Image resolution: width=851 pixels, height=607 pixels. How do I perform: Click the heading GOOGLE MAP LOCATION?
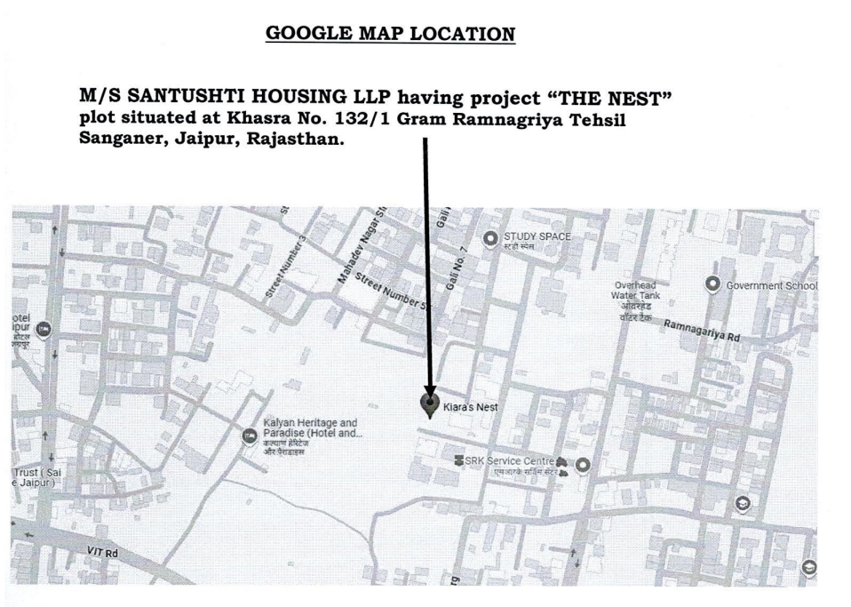[x=390, y=34]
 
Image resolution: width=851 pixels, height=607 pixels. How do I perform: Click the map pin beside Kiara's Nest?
[x=430, y=405]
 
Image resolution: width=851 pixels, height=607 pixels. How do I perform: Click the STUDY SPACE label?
[x=537, y=237]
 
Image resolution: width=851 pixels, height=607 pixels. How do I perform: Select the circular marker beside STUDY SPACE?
[x=489, y=237]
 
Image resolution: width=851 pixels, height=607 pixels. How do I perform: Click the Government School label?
[x=771, y=285]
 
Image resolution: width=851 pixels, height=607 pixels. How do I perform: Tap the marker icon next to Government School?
[x=712, y=284]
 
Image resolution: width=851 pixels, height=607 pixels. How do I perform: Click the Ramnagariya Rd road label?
[x=702, y=331]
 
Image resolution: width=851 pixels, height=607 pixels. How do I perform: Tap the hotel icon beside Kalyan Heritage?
[x=250, y=435]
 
